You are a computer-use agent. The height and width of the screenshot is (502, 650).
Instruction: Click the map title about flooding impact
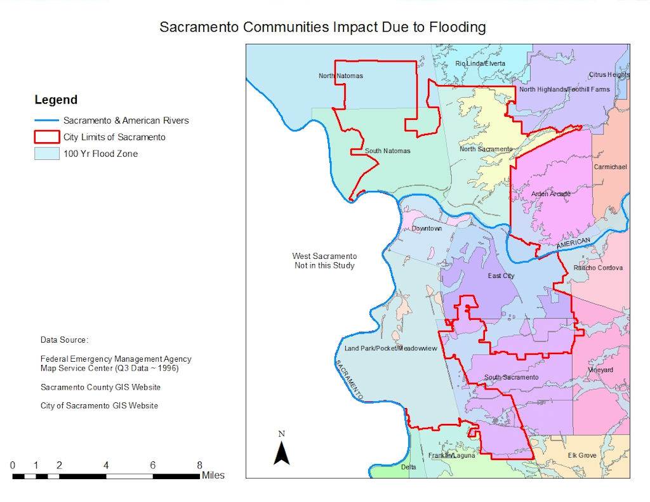click(x=322, y=27)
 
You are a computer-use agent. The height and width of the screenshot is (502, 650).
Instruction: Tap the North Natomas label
click(x=341, y=76)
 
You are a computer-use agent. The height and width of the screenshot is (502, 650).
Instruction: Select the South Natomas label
click(x=387, y=151)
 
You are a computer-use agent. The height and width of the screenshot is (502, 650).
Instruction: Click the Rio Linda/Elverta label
click(x=480, y=63)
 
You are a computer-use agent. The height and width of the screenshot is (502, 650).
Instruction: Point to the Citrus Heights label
click(x=609, y=75)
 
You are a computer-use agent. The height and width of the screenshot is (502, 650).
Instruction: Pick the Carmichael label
click(x=610, y=167)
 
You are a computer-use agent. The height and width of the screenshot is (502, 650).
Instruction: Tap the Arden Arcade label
click(x=550, y=194)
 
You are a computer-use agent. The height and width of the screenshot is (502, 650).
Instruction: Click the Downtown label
click(x=427, y=228)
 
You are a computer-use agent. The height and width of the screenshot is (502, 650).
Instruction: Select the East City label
click(x=501, y=276)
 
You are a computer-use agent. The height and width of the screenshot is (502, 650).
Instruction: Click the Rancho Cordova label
click(x=598, y=268)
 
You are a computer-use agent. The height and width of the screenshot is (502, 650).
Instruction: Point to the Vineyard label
click(x=600, y=369)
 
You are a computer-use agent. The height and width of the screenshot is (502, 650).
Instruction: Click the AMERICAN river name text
click(x=573, y=243)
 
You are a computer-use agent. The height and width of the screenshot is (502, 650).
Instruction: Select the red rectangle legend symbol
click(x=47, y=137)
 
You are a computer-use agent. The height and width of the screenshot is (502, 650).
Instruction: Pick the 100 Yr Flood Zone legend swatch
click(x=47, y=154)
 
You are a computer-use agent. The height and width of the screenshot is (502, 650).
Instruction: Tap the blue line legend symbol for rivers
click(x=47, y=121)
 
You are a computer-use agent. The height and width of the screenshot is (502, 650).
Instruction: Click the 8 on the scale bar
click(x=199, y=465)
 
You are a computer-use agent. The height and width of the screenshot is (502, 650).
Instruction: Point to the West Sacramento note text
click(x=324, y=261)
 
